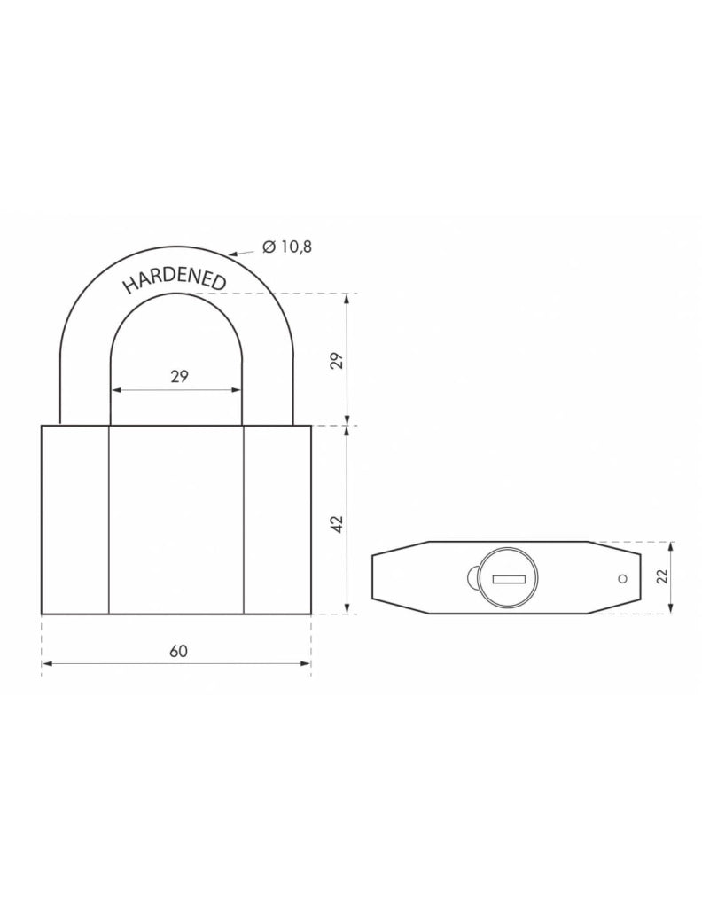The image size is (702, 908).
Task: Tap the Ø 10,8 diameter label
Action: [x=287, y=247]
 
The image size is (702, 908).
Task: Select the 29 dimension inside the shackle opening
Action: [x=178, y=376]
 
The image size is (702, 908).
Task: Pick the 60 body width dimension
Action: [x=178, y=651]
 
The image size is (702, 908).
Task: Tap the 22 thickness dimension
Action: [x=661, y=577]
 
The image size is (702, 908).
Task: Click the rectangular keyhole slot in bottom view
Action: [x=509, y=579]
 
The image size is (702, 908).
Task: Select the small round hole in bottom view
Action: [x=621, y=579]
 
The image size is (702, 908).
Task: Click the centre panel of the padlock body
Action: [x=175, y=519]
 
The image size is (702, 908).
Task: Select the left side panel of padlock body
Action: [x=74, y=519]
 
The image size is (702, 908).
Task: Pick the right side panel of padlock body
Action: [x=277, y=519]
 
